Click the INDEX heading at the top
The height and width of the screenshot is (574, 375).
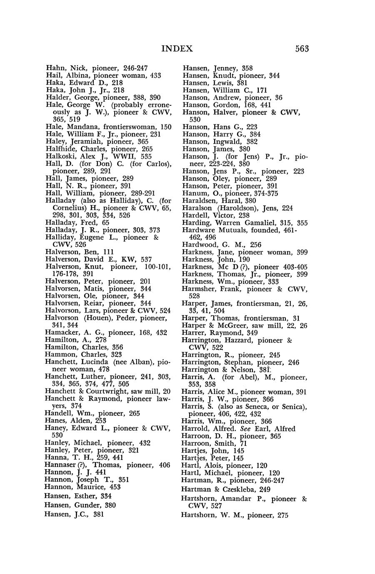[177, 49]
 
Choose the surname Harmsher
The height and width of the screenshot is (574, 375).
[198, 289]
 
